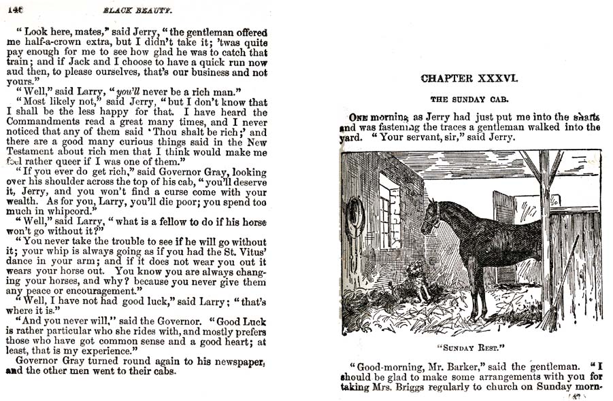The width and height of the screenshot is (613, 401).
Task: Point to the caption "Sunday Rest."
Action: point(470,346)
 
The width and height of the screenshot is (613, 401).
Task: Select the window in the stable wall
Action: point(390,210)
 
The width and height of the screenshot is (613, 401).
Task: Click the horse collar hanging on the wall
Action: point(355,217)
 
